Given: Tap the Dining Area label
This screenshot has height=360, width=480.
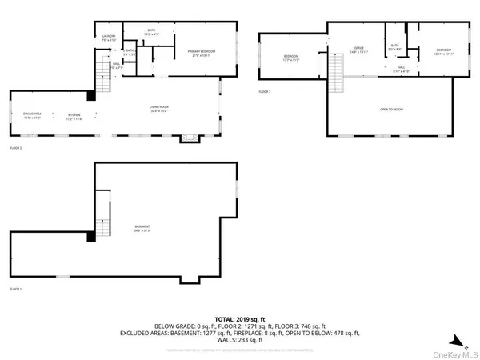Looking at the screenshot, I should [x=32, y=116].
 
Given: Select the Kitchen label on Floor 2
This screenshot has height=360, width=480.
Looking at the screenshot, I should [x=75, y=116].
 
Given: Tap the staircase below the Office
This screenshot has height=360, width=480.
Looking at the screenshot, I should [x=338, y=79].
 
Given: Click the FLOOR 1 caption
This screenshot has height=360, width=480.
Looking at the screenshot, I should [x=16, y=288].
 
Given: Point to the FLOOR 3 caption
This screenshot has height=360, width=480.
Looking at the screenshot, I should [x=265, y=93].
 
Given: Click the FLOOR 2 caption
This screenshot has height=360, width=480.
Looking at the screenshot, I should [x=16, y=149].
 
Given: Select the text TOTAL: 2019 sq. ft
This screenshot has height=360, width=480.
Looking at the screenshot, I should [x=240, y=318].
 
